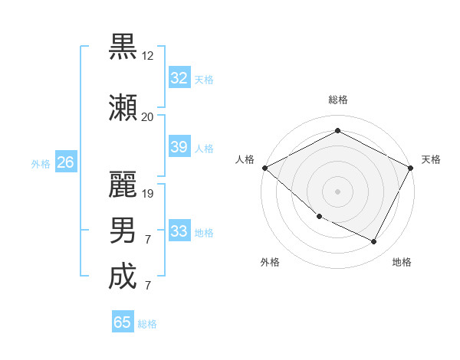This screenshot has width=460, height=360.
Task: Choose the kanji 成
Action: pyautogui.click(x=123, y=276)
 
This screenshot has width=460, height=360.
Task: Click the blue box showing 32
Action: pyautogui.click(x=179, y=78)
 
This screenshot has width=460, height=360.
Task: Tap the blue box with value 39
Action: pyautogui.click(x=179, y=147)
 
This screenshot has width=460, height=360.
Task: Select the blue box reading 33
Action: pyautogui.click(x=179, y=231)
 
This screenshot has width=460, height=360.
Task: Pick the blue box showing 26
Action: pyautogui.click(x=65, y=162)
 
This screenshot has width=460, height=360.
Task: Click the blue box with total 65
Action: pyautogui.click(x=123, y=322)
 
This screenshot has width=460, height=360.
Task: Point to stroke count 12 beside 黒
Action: pyautogui.click(x=148, y=56)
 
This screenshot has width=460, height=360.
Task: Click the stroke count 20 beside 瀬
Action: pyautogui.click(x=147, y=117)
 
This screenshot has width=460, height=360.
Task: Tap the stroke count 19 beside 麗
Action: pyautogui.click(x=148, y=193)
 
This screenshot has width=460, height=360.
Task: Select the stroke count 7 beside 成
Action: pyautogui.click(x=148, y=286)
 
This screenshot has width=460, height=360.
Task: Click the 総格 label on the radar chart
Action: pyautogui.click(x=337, y=100)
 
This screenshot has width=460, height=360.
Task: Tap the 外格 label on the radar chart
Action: pyautogui.click(x=269, y=262)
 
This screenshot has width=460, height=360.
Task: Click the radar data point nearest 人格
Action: pyautogui.click(x=264, y=167)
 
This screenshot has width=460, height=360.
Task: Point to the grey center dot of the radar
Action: pyautogui.click(x=337, y=191)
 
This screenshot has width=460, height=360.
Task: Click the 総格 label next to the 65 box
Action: pyautogui.click(x=147, y=324)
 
